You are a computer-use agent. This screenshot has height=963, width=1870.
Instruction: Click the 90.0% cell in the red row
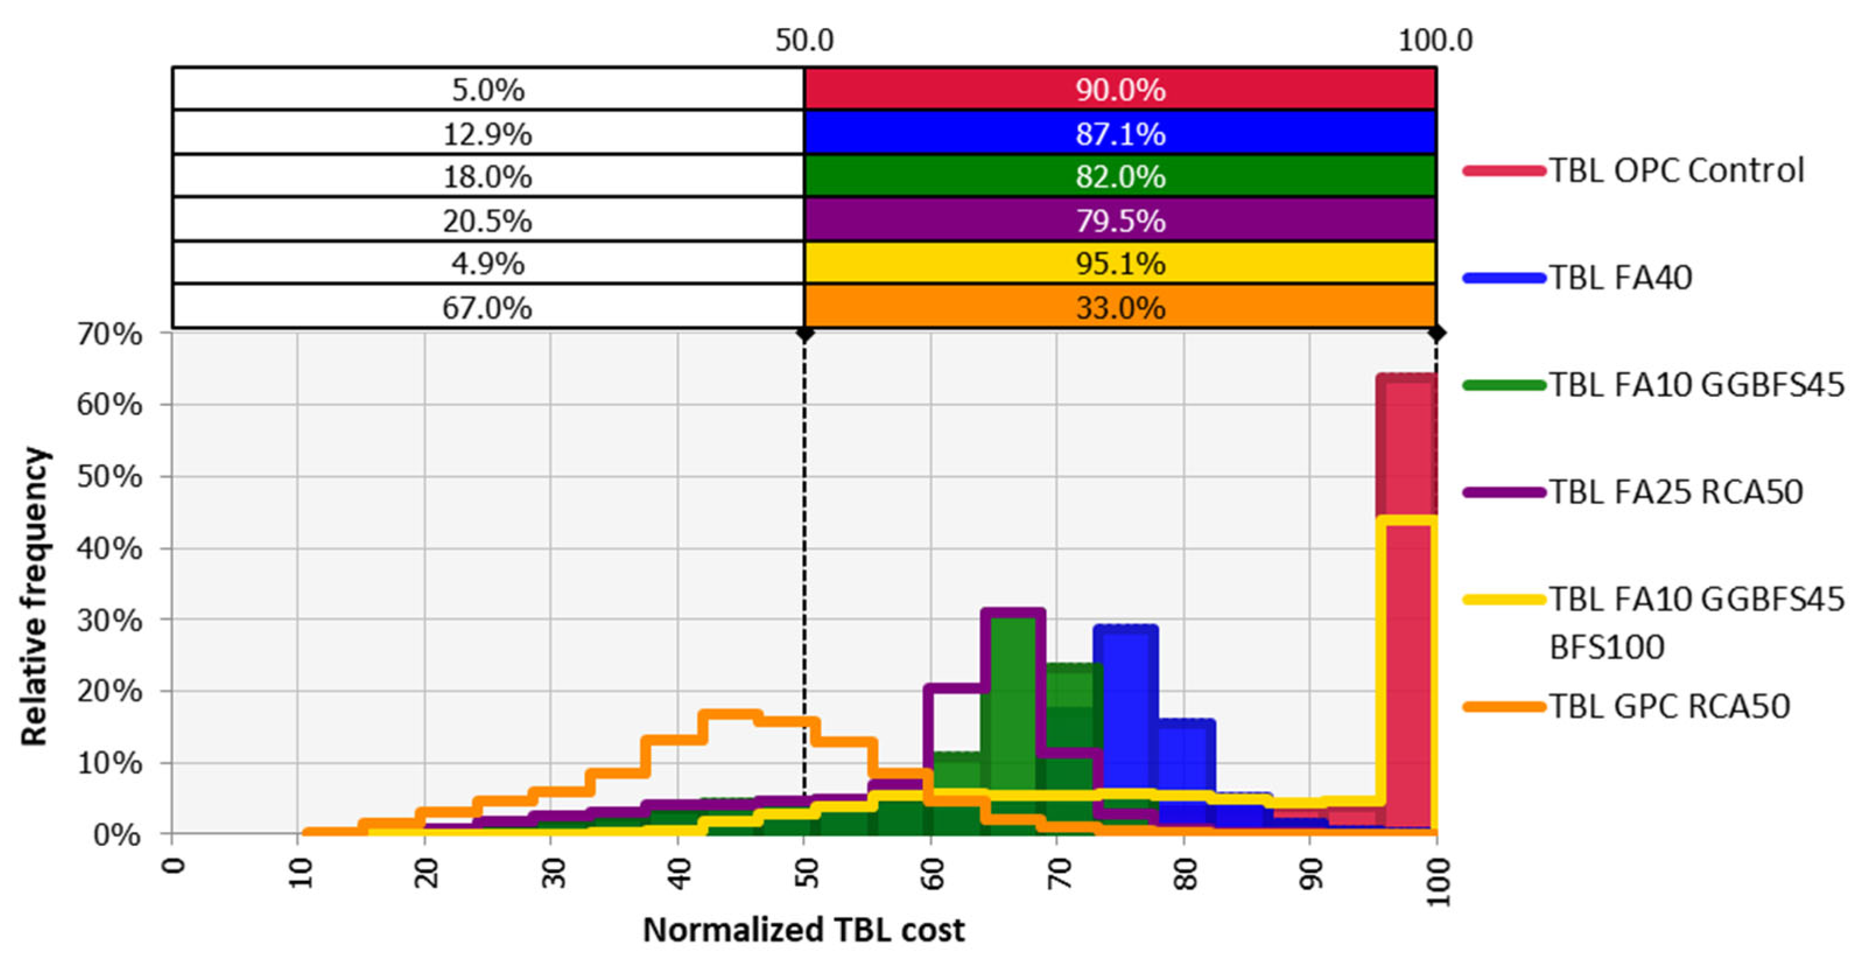pos(1120,89)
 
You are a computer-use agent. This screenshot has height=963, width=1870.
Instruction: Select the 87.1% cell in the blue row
pos(1120,133)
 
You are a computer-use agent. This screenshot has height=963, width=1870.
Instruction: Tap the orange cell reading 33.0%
pos(1120,308)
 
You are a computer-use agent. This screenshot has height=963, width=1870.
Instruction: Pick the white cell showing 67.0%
pos(487,308)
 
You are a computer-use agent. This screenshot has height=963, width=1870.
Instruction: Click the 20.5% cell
pos(487,220)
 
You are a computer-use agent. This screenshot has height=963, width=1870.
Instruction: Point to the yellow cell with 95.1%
pos(1120,263)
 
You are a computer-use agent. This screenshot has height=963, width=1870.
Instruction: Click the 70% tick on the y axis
pos(109,334)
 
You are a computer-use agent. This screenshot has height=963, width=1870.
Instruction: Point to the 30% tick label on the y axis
pos(109,620)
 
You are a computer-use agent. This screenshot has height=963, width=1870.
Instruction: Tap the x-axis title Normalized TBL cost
pos(804,930)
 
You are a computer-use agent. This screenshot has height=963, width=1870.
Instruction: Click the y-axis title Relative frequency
pos(34,597)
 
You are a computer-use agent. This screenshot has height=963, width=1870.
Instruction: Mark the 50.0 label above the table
pos(804,40)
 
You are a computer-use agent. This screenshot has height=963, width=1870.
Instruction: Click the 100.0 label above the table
pos(1435,40)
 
